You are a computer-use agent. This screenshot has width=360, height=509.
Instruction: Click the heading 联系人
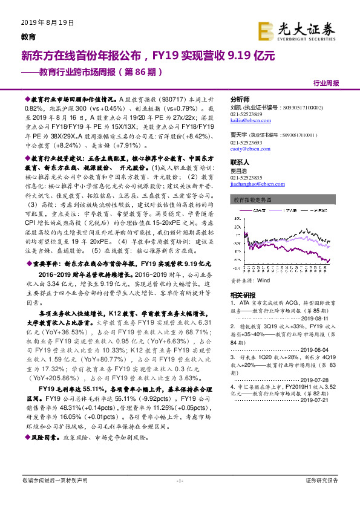[x=240, y=163]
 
